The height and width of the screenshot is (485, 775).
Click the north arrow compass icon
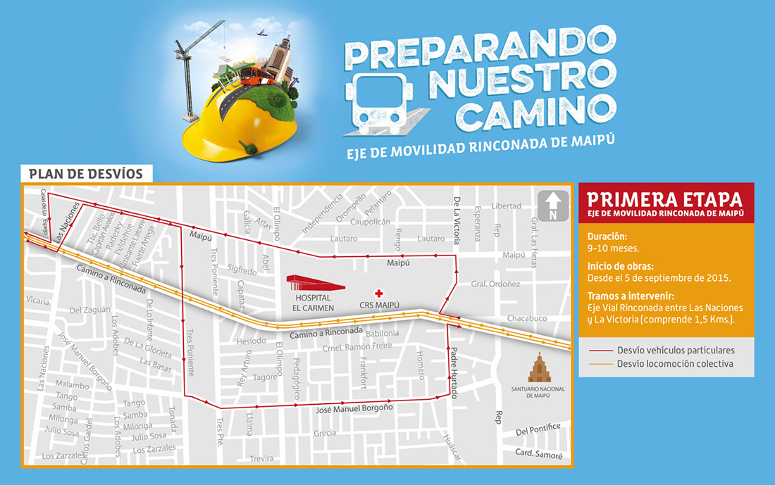pos(553,206)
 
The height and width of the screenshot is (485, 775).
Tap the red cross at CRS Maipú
pos(379,292)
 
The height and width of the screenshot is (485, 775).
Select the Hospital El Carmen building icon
pos(315,283)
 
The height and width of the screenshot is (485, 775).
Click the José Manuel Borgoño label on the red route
pos(353,408)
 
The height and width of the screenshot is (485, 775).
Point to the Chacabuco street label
pos(526,318)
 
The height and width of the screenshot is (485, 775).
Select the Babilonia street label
pos(382,333)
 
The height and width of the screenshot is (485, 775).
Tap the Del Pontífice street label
pos(538,429)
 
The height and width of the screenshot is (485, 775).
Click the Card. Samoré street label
pos(538,453)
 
